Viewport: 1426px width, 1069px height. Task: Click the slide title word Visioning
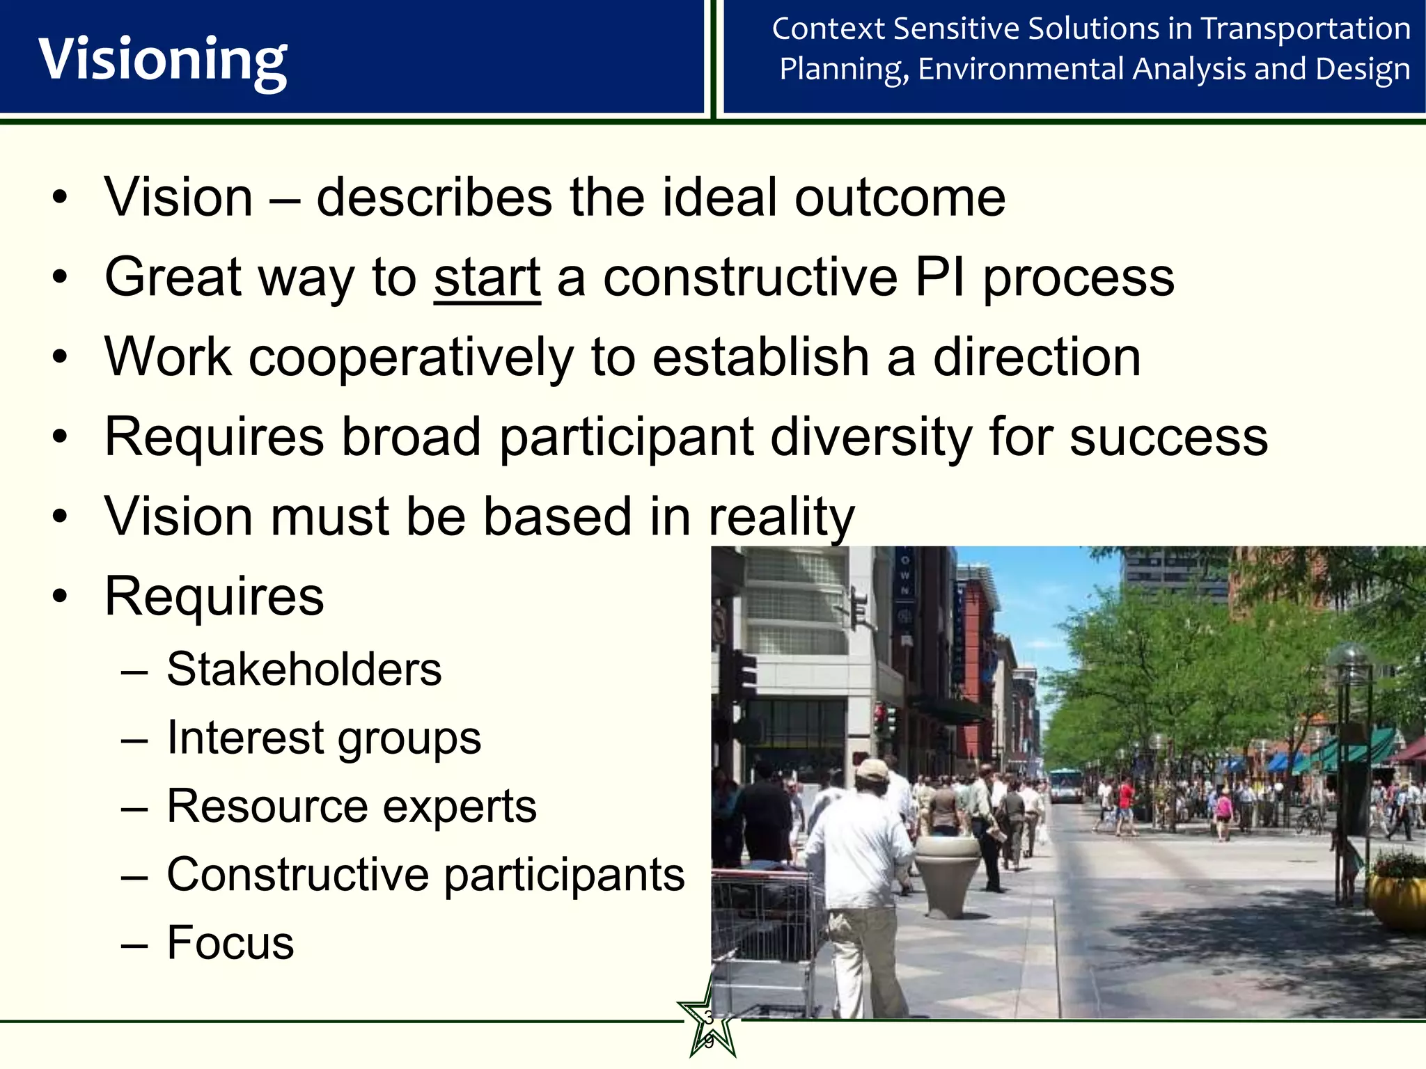[162, 60]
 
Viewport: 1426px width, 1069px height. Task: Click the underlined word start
[487, 278]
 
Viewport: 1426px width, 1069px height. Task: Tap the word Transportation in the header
[1306, 29]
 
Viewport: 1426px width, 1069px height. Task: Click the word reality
[781, 518]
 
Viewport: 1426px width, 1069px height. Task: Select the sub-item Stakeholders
[304, 670]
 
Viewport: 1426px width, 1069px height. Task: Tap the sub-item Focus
[230, 943]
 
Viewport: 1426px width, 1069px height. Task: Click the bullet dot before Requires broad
[61, 438]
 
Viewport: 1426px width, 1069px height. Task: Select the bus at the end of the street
[1065, 784]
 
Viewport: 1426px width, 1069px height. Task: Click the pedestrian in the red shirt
[1125, 800]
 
